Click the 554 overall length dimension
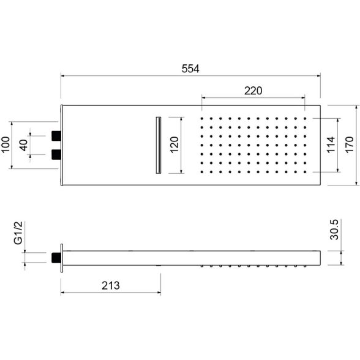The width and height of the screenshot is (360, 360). point(190,69)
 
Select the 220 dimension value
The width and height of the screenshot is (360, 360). point(253,91)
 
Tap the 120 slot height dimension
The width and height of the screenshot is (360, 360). point(174,144)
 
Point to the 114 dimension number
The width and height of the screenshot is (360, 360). point(331,144)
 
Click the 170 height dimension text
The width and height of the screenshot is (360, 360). point(350,144)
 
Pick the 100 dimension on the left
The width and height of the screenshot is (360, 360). point(6,144)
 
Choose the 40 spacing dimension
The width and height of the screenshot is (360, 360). point(23,145)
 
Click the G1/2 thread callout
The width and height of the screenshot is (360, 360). point(18,233)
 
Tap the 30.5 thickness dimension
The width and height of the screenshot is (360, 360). point(334,230)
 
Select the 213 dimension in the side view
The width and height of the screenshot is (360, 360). point(111,285)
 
